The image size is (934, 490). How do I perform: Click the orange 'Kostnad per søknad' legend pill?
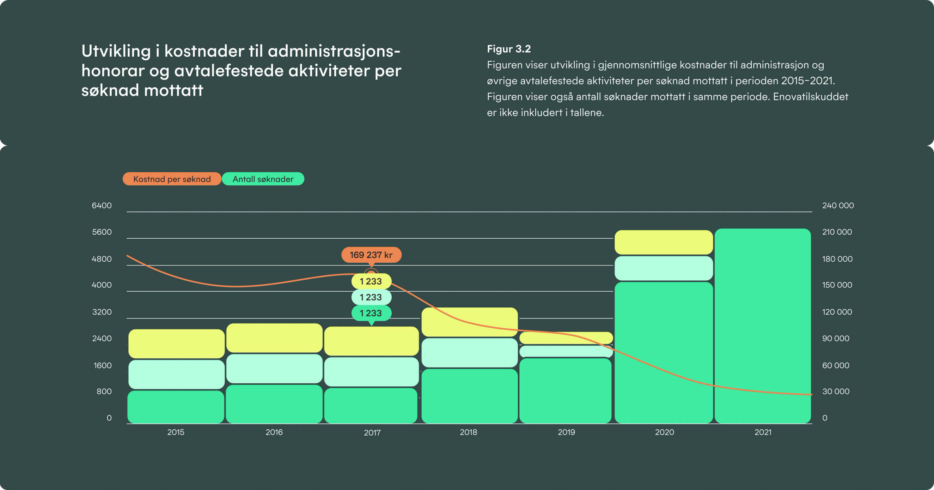[172, 179]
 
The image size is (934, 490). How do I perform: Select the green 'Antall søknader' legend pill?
[263, 179]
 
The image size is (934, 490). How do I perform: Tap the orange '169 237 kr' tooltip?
[371, 255]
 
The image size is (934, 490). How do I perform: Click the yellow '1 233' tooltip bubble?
[371, 281]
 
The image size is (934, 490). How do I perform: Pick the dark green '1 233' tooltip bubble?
[371, 313]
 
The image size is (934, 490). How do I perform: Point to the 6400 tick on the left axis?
[102, 205]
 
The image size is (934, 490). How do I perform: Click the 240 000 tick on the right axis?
[837, 205]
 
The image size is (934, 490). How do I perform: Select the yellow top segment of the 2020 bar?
[664, 242]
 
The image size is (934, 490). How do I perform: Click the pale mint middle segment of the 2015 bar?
[176, 374]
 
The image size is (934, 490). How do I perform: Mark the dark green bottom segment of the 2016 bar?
[274, 404]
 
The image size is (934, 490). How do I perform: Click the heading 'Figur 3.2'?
[509, 49]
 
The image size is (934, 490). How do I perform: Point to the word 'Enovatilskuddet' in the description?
[810, 96]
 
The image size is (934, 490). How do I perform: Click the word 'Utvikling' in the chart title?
[116, 51]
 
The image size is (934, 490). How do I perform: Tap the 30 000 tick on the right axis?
[835, 391]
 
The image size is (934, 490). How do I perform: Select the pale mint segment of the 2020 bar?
[664, 268]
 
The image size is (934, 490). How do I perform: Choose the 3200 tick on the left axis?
[102, 312]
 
